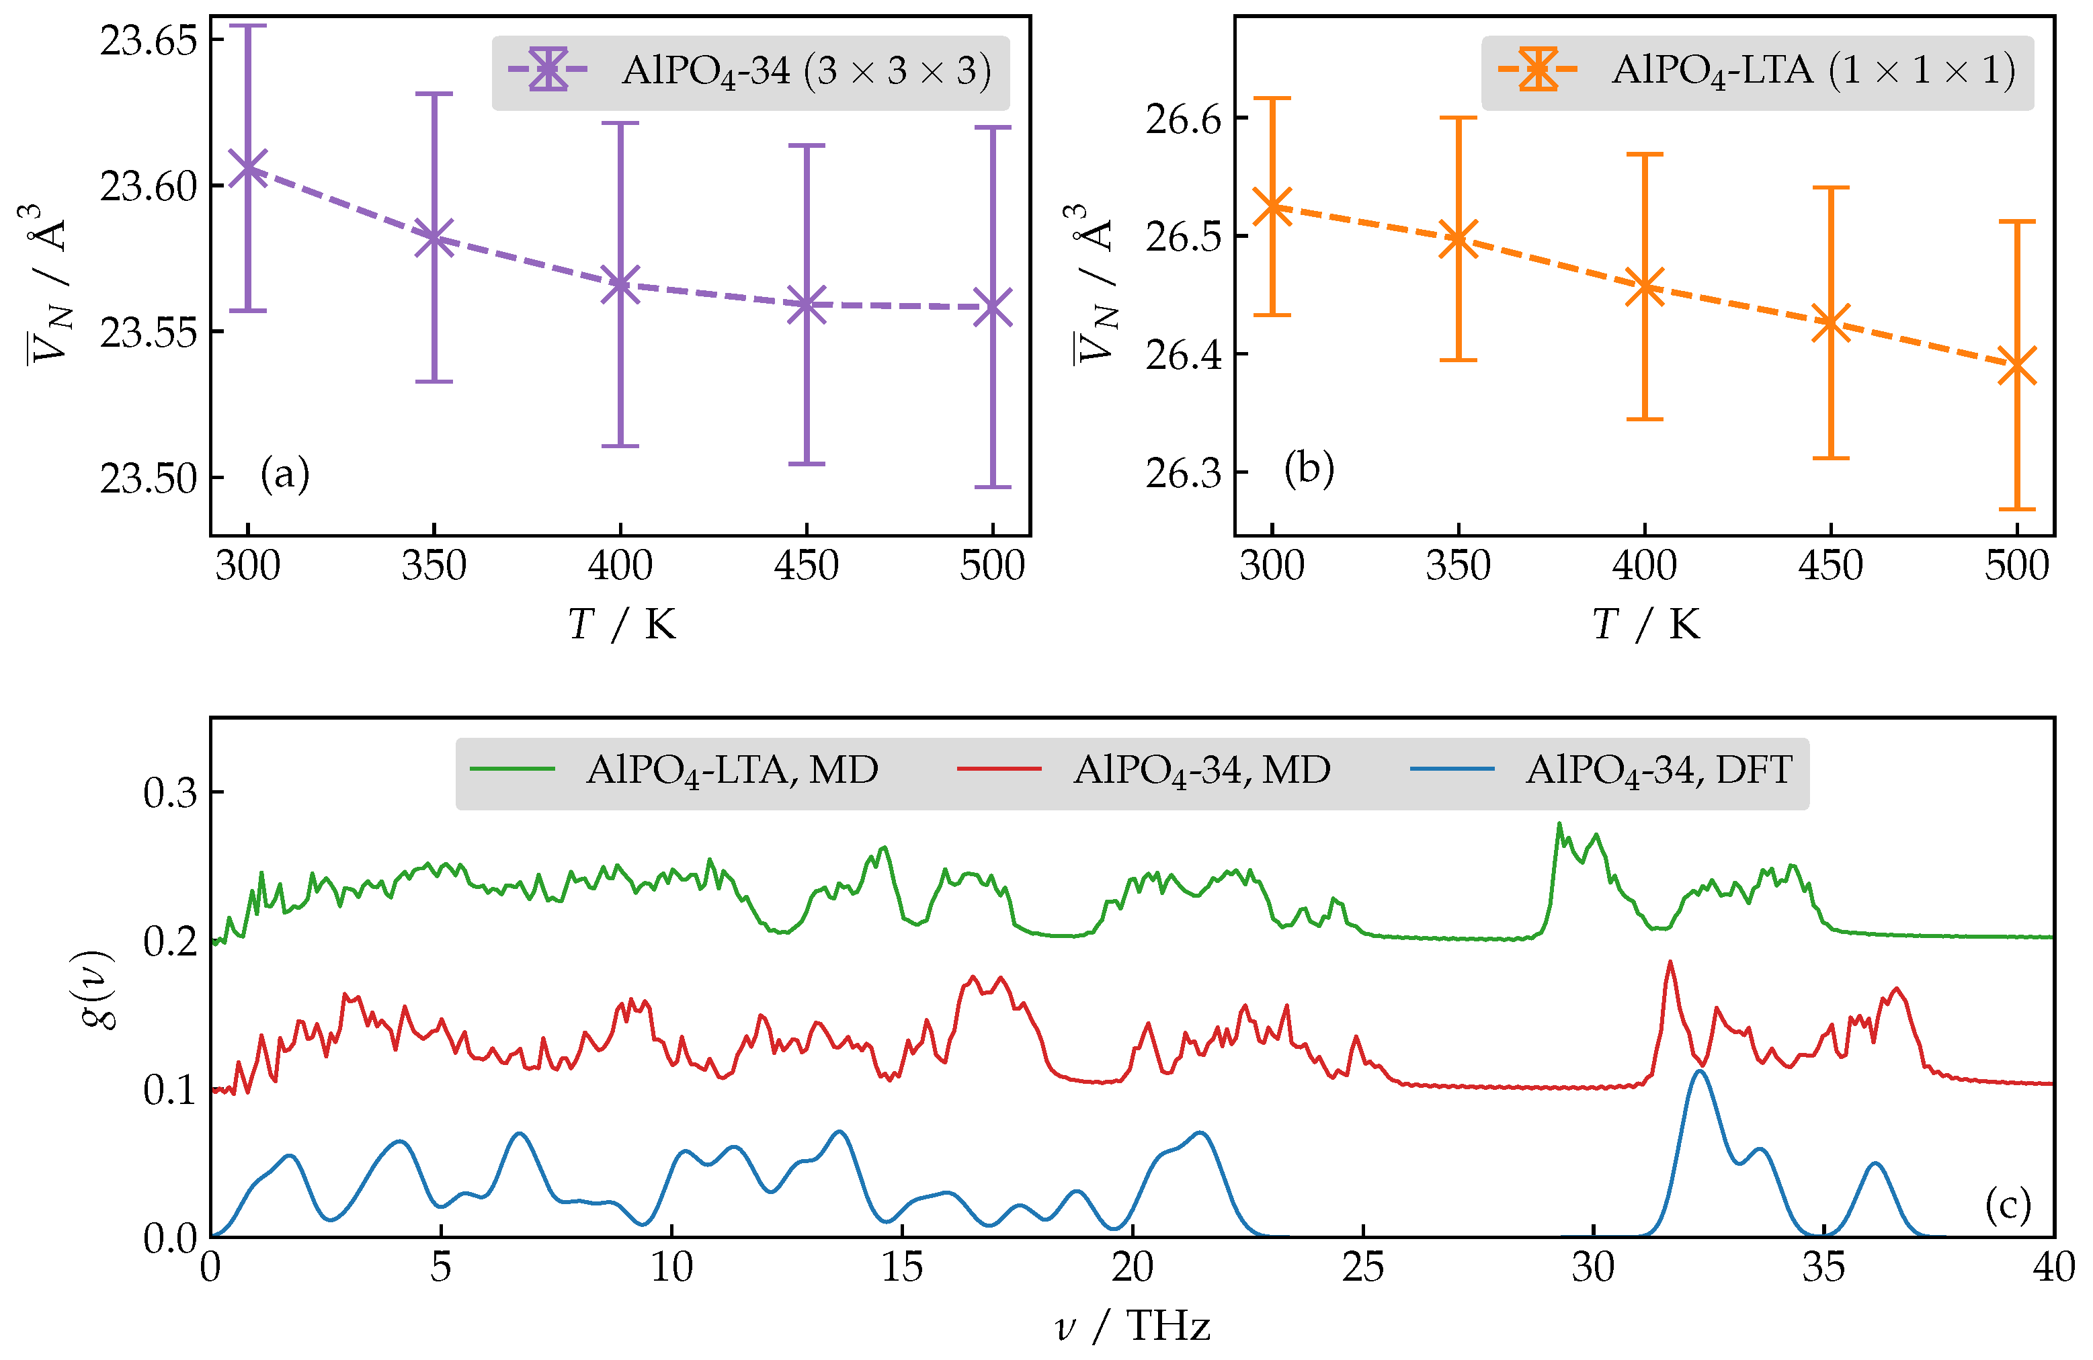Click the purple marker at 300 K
[248, 168]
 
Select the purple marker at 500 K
[993, 308]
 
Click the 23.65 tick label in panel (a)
[148, 40]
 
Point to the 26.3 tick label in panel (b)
[1184, 473]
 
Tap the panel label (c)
[2008, 1204]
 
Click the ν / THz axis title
[1132, 1326]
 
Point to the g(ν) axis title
[97, 989]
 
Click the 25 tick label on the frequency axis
[1362, 1268]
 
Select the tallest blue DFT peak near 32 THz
[1699, 1071]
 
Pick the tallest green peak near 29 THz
[1559, 824]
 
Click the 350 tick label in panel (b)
[1458, 565]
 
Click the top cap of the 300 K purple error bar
[248, 26]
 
